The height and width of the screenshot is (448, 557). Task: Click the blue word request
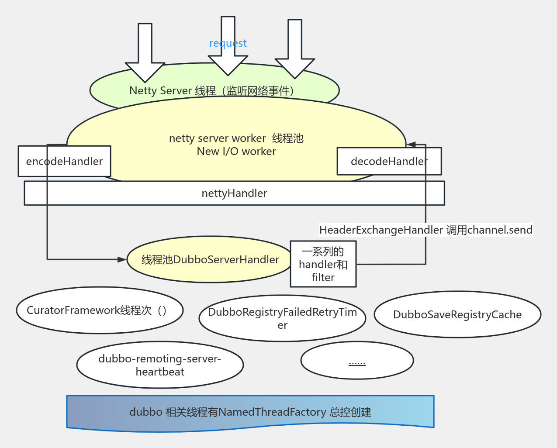228,43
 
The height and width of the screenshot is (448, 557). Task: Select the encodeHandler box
64,162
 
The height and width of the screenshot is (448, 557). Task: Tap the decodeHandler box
389,162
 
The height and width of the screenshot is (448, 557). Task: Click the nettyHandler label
234,193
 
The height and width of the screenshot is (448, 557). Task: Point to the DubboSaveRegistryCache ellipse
457,315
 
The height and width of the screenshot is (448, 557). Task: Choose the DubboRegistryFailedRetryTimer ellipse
282,318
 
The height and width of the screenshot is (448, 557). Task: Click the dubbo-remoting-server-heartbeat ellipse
160,365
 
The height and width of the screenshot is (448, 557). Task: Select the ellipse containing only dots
357,361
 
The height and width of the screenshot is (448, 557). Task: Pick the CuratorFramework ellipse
100,310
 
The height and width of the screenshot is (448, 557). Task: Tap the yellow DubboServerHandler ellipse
210,260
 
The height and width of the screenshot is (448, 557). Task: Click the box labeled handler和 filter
323,264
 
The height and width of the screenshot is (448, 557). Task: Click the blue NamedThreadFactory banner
250,412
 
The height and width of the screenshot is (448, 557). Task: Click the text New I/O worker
236,152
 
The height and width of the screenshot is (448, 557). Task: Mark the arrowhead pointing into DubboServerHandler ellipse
122,259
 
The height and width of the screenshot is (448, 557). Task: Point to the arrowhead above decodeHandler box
411,145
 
